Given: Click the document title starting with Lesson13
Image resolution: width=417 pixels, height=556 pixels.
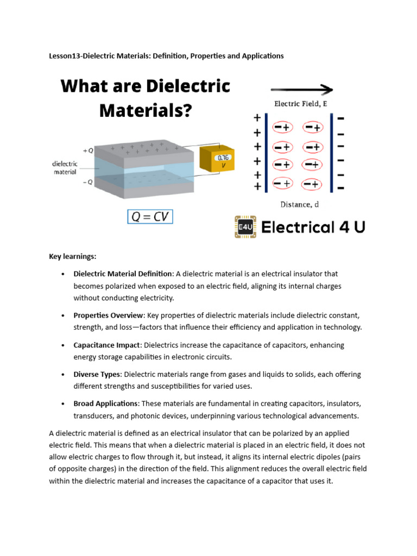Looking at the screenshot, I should (x=166, y=56).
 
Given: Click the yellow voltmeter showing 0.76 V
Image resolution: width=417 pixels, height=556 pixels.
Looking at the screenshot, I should (x=217, y=159).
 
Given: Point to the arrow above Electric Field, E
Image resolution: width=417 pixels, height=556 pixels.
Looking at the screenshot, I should (x=301, y=90).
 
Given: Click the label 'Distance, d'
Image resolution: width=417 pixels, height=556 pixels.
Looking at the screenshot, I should (x=299, y=204).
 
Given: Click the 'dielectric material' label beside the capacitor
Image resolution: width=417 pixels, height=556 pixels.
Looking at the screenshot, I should (x=65, y=167).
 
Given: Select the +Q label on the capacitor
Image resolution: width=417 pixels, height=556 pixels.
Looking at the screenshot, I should (x=87, y=150).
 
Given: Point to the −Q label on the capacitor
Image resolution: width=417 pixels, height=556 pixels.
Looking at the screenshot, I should (x=87, y=182).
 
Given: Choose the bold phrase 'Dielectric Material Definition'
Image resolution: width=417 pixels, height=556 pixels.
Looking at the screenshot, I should (x=123, y=274).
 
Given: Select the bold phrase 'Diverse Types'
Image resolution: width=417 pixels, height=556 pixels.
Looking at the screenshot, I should (x=97, y=374).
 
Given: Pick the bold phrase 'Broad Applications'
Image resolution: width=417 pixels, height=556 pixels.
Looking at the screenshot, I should (x=106, y=403).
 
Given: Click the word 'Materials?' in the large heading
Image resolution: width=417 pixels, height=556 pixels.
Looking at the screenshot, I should (x=146, y=112).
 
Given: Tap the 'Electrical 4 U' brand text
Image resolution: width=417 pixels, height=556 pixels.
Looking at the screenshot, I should (x=313, y=227).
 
